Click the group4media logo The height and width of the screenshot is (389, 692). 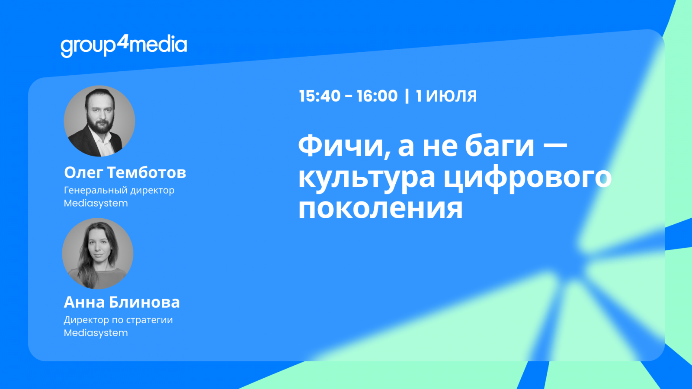(124, 46)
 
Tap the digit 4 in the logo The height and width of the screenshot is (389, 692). (123, 41)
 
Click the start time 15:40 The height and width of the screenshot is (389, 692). (320, 96)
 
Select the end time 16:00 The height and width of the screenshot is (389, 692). (377, 96)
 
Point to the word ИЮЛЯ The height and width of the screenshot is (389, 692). (452, 96)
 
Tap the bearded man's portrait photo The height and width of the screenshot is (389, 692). (99, 121)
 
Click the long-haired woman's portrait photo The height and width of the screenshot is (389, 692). (98, 253)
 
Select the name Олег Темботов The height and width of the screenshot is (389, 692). (125, 172)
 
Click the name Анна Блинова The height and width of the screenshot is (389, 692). (122, 302)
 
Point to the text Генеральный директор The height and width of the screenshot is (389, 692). (119, 191)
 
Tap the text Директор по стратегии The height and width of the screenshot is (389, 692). (119, 320)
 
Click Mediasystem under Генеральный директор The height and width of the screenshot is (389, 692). (96, 204)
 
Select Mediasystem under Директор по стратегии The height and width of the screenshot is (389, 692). (96, 333)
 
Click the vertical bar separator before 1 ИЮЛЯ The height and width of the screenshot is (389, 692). (407, 96)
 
